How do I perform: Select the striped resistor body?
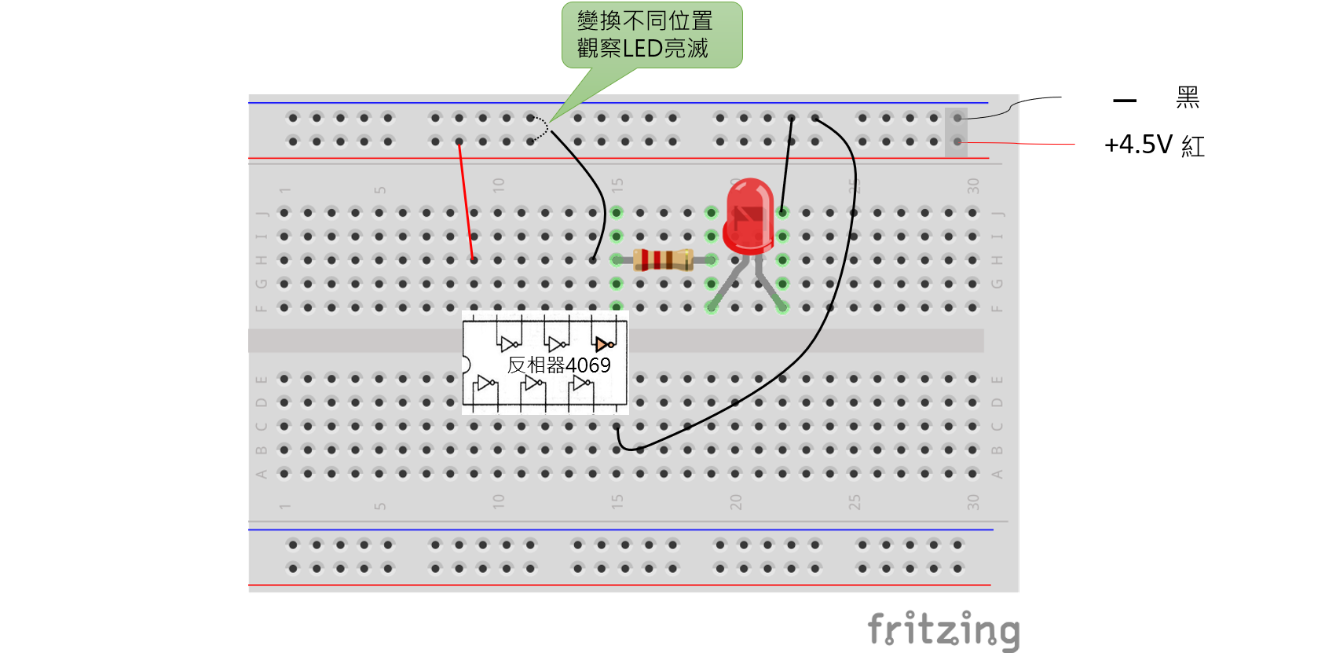click(x=663, y=259)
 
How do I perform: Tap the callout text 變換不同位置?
click(x=645, y=20)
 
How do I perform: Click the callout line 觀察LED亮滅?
click(x=642, y=49)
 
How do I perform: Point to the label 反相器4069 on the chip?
click(x=558, y=365)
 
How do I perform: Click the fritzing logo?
click(x=943, y=629)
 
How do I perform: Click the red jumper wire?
click(x=466, y=200)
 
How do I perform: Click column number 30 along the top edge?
click(x=974, y=185)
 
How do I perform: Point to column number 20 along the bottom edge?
click(x=736, y=502)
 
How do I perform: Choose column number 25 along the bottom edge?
click(x=855, y=502)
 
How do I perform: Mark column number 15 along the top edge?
click(x=617, y=185)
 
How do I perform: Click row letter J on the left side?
click(x=262, y=213)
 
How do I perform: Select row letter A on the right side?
click(x=997, y=474)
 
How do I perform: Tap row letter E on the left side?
click(x=262, y=379)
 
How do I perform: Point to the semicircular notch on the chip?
click(x=466, y=365)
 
